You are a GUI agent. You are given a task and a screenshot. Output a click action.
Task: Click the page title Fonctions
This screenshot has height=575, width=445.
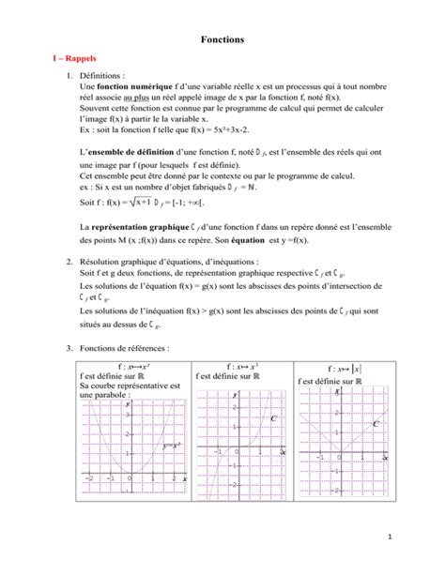[222, 41]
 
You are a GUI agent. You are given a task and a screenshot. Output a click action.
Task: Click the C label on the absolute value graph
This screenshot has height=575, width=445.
[376, 424]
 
